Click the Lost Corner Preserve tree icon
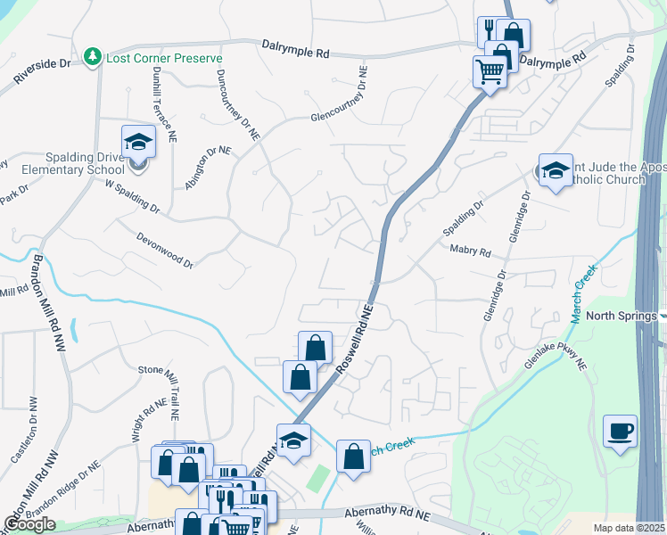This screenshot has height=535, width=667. [x=92, y=57]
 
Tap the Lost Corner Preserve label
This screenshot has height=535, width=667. [x=164, y=57]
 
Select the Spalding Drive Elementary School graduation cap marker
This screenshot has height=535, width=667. [x=138, y=142]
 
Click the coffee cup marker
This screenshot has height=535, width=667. [x=620, y=432]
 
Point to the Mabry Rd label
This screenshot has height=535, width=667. [x=471, y=252]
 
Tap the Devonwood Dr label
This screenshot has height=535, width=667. [x=165, y=250]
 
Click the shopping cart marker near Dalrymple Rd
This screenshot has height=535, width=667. [x=490, y=70]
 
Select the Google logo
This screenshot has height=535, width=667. [x=29, y=525]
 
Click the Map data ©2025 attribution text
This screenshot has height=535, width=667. [x=629, y=528]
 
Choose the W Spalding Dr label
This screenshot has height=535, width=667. [x=131, y=197]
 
